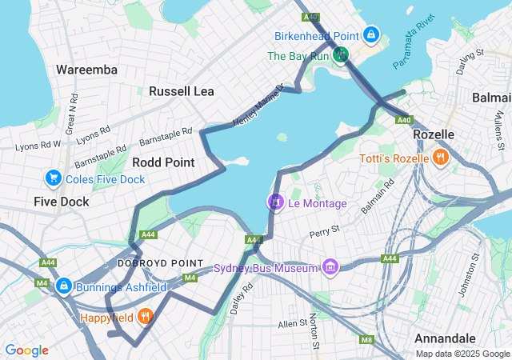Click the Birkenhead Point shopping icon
click(x=371, y=35)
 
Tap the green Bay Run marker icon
click(x=342, y=55)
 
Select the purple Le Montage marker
click(x=276, y=202)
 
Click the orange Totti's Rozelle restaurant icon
click(x=439, y=158)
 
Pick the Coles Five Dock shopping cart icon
click(x=54, y=178)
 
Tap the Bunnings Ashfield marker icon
click(x=63, y=286)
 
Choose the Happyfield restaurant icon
click(x=145, y=317)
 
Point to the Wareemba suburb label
click(x=86, y=70)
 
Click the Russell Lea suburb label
click(x=181, y=91)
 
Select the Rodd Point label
click(x=163, y=162)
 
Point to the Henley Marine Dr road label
click(x=258, y=106)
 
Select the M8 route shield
click(x=366, y=340)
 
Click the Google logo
click(x=26, y=350)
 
